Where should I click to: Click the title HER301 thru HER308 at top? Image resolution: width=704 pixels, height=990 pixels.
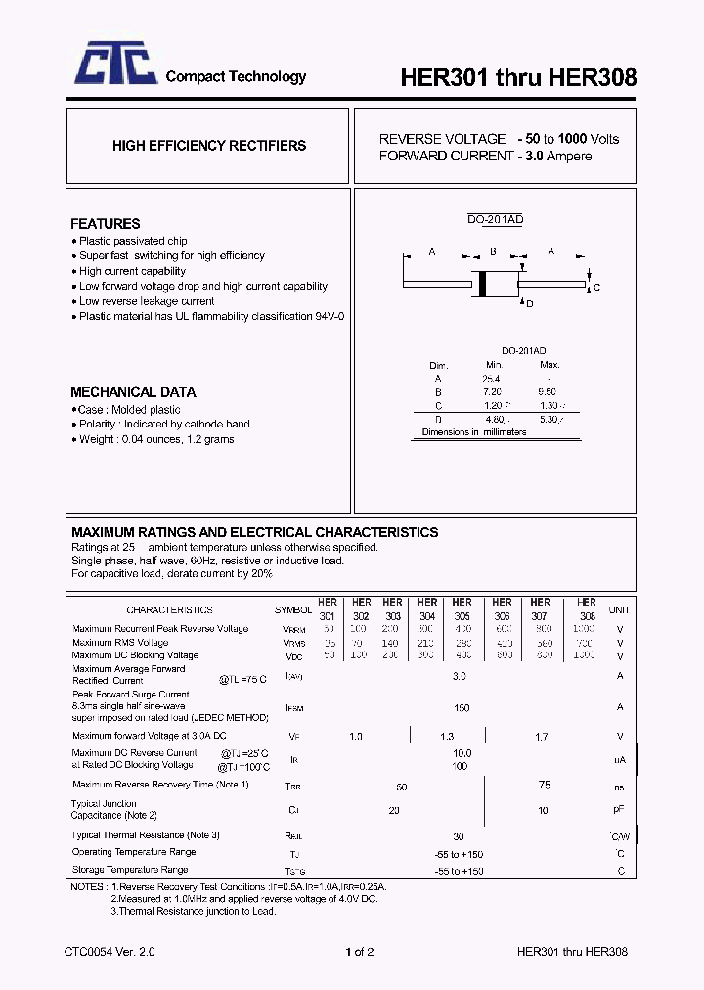coord(519,78)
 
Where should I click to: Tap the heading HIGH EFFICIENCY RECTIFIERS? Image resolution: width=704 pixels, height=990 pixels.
coord(208,146)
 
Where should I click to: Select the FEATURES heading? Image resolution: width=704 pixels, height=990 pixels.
coord(105,224)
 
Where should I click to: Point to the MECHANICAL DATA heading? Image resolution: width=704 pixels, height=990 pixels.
coord(133,392)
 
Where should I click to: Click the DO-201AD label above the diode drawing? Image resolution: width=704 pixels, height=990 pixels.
coord(495,220)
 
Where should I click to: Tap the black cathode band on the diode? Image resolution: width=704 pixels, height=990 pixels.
coord(481,282)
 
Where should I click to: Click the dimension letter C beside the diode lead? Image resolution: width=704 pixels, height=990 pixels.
coord(596,287)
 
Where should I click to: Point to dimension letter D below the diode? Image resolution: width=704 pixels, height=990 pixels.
coord(530,304)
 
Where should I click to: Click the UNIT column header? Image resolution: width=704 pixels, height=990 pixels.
coord(619,609)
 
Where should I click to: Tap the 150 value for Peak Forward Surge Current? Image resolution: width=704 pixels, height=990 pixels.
coord(462,707)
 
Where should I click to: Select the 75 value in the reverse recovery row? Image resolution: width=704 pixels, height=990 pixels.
coord(545,785)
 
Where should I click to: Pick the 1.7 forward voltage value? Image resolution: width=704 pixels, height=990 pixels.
coord(541,736)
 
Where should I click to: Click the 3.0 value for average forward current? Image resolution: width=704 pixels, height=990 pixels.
coord(460,676)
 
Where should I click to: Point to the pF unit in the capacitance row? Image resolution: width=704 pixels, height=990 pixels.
coord(619,810)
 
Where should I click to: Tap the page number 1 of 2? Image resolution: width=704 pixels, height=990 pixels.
coord(360,951)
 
